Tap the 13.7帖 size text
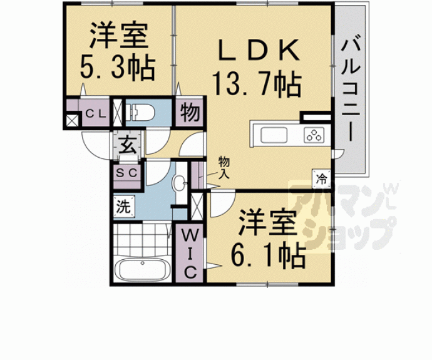(256, 82)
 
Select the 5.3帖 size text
(118, 68)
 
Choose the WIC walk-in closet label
(189, 254)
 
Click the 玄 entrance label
(128, 148)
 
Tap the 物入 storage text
(224, 167)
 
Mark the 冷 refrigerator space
(321, 177)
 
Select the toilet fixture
(141, 113)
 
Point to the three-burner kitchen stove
(313, 135)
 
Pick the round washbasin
(180, 183)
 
